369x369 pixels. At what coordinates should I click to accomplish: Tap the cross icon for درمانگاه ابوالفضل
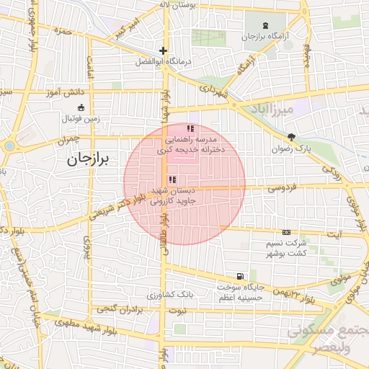coord(164,51)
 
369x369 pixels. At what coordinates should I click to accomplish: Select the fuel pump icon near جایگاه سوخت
coord(239,276)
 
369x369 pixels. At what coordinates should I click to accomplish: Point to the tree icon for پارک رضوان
coord(291,137)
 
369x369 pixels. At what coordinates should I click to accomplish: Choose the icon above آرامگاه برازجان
coord(267,25)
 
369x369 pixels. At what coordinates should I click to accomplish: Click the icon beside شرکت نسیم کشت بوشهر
coord(287,232)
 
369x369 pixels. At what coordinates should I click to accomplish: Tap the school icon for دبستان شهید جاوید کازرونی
coord(172,179)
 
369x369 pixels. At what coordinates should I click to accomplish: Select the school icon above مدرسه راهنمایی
coord(190,128)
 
